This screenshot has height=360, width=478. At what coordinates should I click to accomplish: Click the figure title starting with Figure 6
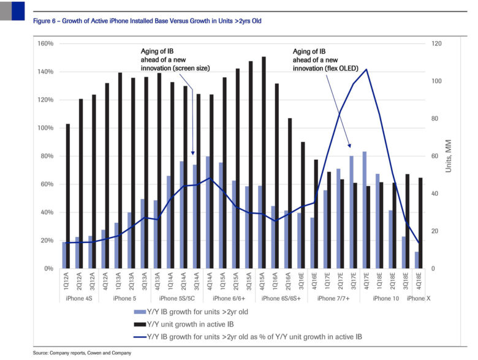(x=147, y=21)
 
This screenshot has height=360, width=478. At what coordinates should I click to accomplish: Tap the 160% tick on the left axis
(x=46, y=44)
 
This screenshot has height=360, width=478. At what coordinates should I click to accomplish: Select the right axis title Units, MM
(x=449, y=156)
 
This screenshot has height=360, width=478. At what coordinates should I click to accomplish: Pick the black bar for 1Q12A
(x=67, y=196)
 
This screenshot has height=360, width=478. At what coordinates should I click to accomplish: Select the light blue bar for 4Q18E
(x=417, y=260)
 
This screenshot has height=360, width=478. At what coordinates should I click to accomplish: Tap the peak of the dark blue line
(x=366, y=69)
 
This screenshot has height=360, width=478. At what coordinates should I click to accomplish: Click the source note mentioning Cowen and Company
(x=82, y=353)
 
